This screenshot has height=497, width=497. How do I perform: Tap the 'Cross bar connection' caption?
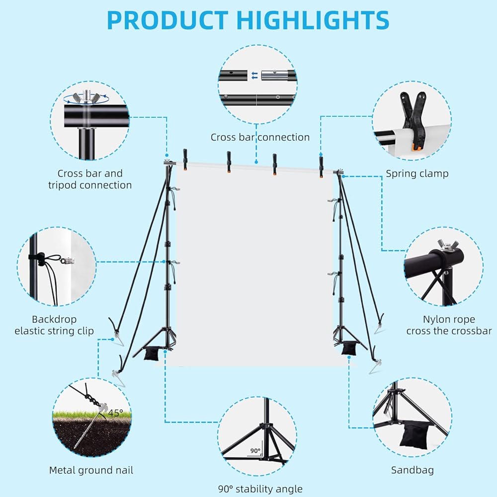260,137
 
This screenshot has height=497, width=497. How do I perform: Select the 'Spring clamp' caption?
417,173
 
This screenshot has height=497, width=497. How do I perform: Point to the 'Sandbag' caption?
412,470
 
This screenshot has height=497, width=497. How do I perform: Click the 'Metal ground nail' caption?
91,470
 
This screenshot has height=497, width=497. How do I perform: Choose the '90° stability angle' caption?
260,489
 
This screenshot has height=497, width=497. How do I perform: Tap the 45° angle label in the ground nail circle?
115,413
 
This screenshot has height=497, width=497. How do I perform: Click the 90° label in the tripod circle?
255,451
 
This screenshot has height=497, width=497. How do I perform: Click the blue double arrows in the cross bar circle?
254,76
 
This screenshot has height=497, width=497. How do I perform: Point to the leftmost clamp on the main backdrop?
185,160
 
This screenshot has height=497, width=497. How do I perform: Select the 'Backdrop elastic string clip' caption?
54,325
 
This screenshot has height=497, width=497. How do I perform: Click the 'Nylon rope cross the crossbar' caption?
448,325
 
